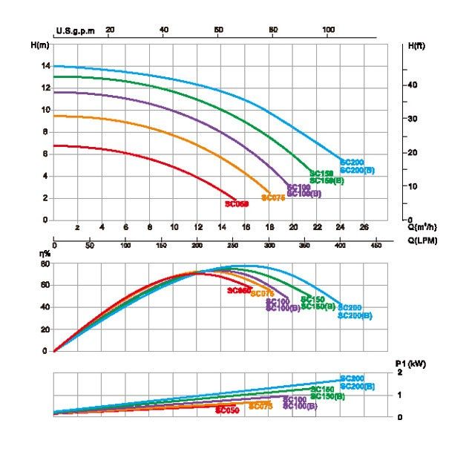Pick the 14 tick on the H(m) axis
click(45, 66)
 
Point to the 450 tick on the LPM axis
click(375, 244)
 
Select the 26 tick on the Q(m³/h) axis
click(364, 227)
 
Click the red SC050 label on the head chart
click(236, 203)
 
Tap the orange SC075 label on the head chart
click(273, 198)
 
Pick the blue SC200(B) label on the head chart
click(357, 170)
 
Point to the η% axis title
click(45, 255)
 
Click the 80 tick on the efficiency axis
click(45, 263)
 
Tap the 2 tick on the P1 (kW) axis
click(400, 372)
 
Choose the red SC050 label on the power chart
click(227, 410)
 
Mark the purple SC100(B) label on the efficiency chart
click(283, 308)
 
